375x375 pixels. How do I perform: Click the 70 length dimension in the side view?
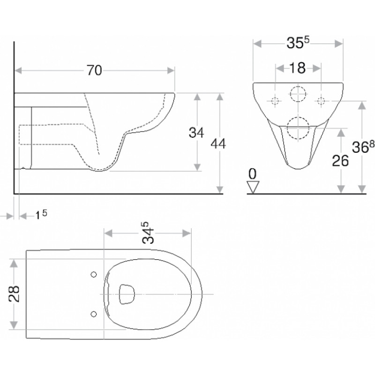click(x=94, y=70)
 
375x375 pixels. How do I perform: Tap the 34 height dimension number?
click(x=196, y=133)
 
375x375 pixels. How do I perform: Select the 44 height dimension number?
click(x=218, y=144)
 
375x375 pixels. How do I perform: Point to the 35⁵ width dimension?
click(x=298, y=43)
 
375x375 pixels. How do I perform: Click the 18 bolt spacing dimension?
click(x=298, y=68)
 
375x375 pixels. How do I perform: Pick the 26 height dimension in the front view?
click(x=340, y=161)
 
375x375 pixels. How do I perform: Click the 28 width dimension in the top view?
click(x=14, y=294)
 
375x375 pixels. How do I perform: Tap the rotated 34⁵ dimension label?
click(x=148, y=232)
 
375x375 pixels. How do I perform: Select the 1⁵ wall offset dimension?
click(x=41, y=215)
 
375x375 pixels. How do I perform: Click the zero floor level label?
click(x=252, y=174)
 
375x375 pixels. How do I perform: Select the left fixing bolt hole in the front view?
click(x=275, y=101)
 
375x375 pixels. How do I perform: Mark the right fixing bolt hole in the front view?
click(x=321, y=101)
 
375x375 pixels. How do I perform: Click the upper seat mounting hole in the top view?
click(x=94, y=275)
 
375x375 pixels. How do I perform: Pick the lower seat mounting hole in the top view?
click(x=94, y=314)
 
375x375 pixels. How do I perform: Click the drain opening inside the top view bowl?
click(x=127, y=294)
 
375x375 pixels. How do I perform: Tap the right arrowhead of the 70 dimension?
click(x=171, y=71)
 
